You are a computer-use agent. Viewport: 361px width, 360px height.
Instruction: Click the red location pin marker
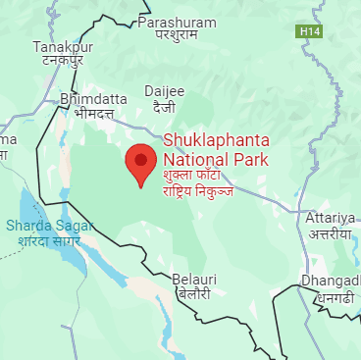[x=140, y=163]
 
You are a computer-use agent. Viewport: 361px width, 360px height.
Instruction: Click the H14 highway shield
[x=310, y=32]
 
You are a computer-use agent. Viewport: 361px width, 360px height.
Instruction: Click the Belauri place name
[x=192, y=279]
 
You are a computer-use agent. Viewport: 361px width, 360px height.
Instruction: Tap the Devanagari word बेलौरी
[x=192, y=293]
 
